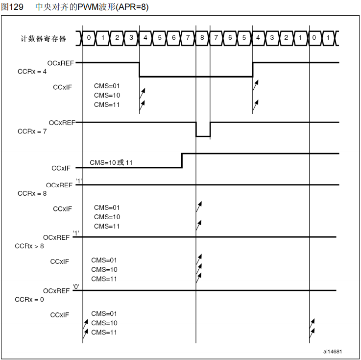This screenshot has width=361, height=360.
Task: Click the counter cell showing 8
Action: click(202, 37)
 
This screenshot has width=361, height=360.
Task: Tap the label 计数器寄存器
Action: click(44, 38)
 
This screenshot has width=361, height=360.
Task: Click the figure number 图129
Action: click(12, 7)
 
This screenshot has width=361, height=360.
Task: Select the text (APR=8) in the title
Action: click(131, 7)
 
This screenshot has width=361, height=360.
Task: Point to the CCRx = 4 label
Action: click(32, 72)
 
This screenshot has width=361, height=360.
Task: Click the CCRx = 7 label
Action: click(32, 131)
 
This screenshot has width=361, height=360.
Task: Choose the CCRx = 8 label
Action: click(32, 193)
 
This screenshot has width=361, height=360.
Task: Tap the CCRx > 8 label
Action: click(29, 246)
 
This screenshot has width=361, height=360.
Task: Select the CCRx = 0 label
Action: click(29, 299)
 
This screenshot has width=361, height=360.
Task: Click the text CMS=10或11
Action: click(111, 162)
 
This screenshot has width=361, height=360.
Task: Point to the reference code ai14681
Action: click(333, 351)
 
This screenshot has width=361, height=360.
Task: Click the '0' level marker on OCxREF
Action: click(76, 285)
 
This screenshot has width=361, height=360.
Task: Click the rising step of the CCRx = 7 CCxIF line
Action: click(182, 160)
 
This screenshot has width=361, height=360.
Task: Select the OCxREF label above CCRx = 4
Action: click(61, 63)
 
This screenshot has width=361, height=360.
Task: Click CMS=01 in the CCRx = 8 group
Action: click(107, 207)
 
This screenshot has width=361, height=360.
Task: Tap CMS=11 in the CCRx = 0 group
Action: click(104, 333)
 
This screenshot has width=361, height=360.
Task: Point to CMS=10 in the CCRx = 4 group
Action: click(107, 95)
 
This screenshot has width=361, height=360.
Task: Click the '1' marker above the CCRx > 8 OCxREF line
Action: click(76, 232)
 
